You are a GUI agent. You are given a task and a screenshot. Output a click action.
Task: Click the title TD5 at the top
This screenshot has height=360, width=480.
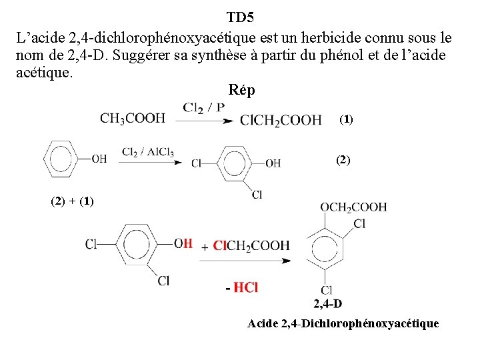point(240,16)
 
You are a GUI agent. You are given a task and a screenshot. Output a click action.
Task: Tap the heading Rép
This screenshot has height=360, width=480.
point(241,89)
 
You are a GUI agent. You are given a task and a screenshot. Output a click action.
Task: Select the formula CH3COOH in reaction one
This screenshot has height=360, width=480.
point(133,119)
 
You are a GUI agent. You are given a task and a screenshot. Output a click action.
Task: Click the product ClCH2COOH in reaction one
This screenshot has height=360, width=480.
point(281,120)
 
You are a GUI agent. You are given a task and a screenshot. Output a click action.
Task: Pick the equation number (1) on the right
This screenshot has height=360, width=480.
point(347,120)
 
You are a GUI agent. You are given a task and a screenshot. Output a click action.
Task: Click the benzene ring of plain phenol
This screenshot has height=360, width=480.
point(61,159)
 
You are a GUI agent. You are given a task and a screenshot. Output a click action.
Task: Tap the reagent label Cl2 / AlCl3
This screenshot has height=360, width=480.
point(147,152)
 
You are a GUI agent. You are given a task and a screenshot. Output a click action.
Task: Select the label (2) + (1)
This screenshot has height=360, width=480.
point(72,201)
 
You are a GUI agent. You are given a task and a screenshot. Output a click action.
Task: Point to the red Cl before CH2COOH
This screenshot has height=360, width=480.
point(220,246)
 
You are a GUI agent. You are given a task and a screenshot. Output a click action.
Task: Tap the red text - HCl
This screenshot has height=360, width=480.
point(241,288)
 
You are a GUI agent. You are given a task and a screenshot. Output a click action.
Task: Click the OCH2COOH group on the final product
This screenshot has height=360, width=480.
point(353,207)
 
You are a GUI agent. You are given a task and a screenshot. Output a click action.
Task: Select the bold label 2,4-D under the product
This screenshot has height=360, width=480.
point(327,304)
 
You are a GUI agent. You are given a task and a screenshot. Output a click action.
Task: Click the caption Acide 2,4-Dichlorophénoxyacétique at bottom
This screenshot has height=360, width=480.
point(343,324)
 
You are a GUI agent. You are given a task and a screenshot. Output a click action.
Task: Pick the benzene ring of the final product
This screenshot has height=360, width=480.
point(326,250)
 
